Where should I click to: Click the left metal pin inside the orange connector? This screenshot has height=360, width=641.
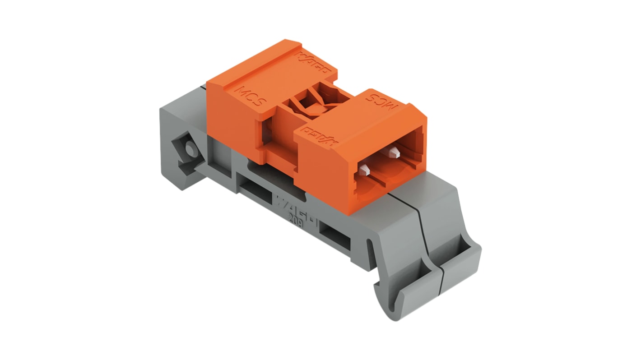365,170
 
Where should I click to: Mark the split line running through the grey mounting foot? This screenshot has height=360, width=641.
429,235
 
